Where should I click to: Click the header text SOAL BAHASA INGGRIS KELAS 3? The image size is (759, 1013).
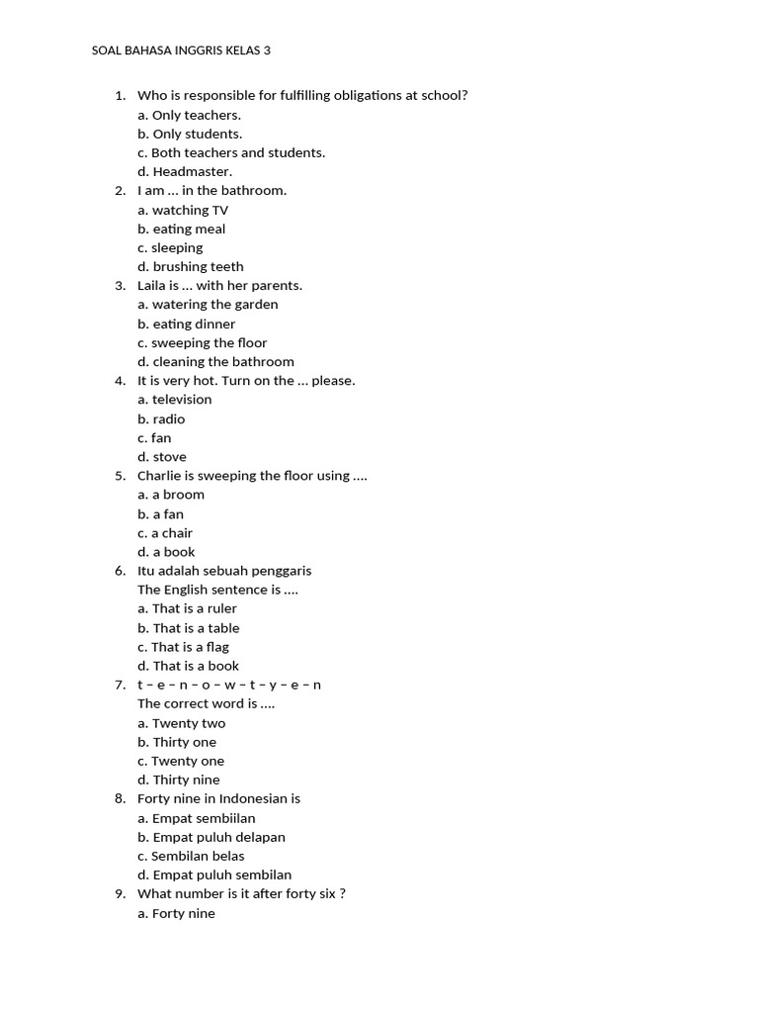[181, 49]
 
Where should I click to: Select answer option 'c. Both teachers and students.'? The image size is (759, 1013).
[231, 152]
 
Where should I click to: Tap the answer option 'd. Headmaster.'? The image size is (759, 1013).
[185, 171]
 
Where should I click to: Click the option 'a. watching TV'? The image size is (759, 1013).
[183, 210]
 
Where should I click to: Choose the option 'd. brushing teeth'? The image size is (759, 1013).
[191, 266]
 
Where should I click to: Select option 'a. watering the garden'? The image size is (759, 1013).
[208, 304]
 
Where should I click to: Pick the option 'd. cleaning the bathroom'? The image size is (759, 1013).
[215, 361]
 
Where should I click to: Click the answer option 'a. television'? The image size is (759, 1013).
[175, 399]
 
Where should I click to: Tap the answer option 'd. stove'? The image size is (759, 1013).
[162, 456]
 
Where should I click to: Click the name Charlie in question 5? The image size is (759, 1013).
[158, 475]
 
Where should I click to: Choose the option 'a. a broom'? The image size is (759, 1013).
[171, 494]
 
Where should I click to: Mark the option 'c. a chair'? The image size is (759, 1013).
[165, 532]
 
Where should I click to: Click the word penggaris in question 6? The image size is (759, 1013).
[283, 570]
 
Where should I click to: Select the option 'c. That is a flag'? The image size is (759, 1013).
[183, 647]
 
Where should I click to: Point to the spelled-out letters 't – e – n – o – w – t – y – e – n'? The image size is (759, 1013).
[229, 685]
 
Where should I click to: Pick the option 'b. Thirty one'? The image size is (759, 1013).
[177, 742]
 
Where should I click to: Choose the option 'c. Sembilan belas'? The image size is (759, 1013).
[191, 856]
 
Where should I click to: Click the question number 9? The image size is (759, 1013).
[120, 893]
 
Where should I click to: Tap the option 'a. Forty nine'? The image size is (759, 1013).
[176, 913]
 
